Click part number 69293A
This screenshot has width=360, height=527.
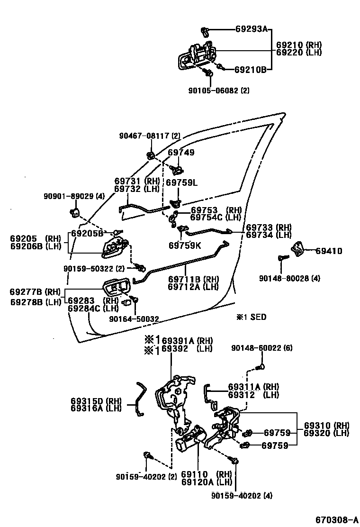[x=252, y=29]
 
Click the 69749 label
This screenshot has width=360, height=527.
[x=181, y=153]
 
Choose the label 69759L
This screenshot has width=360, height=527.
[x=181, y=182]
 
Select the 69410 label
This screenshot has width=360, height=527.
[x=329, y=251]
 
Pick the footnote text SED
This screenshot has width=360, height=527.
[x=258, y=317]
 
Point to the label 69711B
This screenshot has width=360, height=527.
[x=186, y=279]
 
